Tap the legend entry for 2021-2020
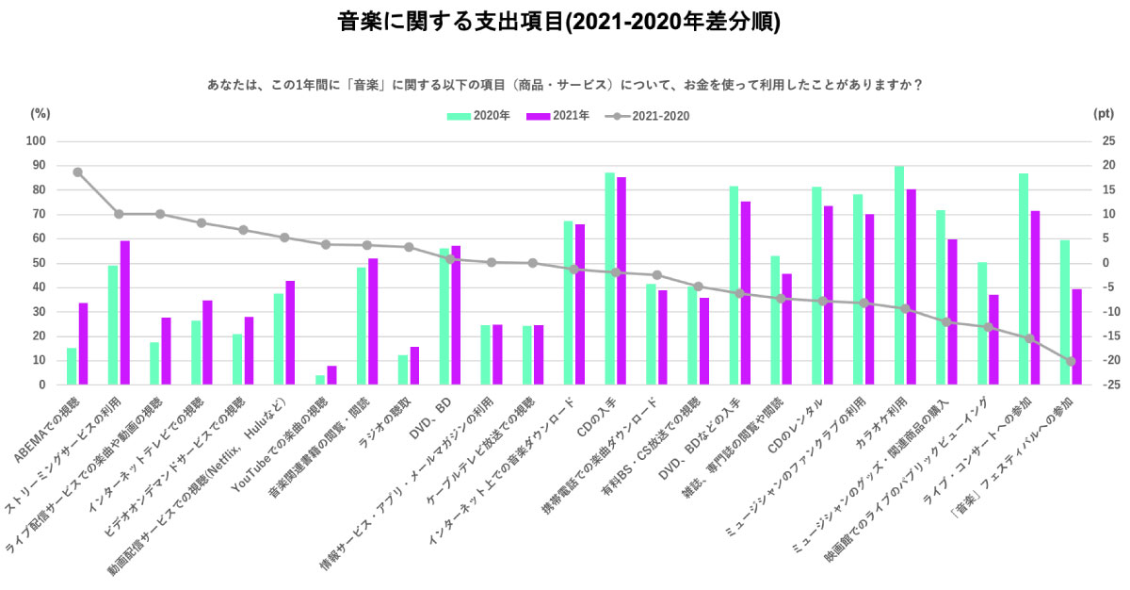[x=649, y=116]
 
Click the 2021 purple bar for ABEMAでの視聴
[x=83, y=344]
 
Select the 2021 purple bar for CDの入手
[x=621, y=281]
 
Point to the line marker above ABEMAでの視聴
[x=77, y=172]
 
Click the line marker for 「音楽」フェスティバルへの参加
[x=1071, y=361]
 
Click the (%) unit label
[x=40, y=113]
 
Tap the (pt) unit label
[x=1103, y=113]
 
